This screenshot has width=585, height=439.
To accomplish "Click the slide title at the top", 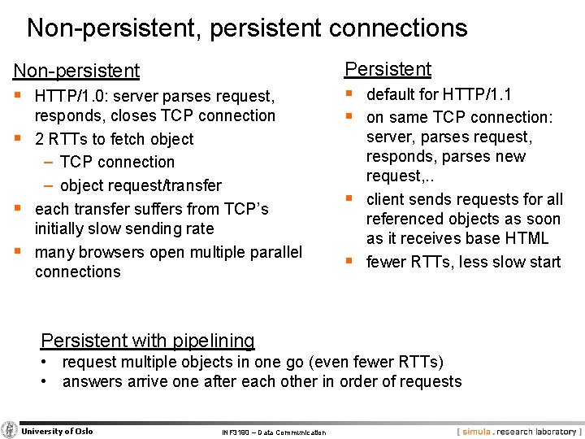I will click(x=247, y=28).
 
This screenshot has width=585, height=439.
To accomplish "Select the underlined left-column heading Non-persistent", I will click(x=76, y=72).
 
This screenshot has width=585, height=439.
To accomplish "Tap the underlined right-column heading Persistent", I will click(x=388, y=69).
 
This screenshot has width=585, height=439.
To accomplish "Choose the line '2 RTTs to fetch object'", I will click(x=114, y=139).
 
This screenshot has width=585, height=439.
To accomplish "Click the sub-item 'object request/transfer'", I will click(x=141, y=185).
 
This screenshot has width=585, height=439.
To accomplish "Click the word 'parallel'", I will click(x=272, y=252).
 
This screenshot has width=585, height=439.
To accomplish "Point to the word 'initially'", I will click(x=62, y=229).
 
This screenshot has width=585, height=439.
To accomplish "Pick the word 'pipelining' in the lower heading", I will click(x=209, y=341).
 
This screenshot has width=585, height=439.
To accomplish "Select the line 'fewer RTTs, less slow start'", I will click(x=463, y=262).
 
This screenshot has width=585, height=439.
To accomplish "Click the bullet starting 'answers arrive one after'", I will click(x=262, y=381).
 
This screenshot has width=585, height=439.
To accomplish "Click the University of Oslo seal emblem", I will click(x=10, y=431).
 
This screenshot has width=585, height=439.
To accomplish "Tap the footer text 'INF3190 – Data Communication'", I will click(x=273, y=432).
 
